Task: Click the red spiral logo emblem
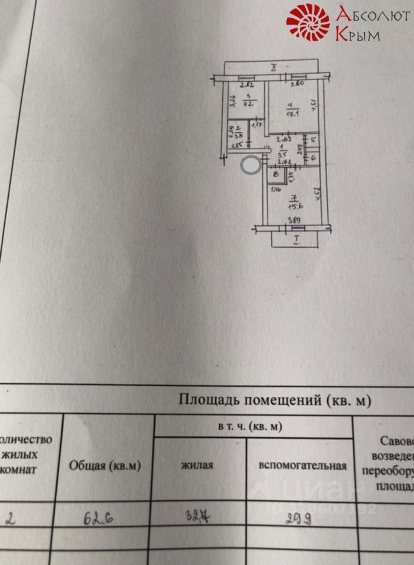308,22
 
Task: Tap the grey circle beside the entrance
250,165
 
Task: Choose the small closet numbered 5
313,140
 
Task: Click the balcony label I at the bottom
297,240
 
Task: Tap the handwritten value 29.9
299,519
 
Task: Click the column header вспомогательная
301,465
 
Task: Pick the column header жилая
197,465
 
